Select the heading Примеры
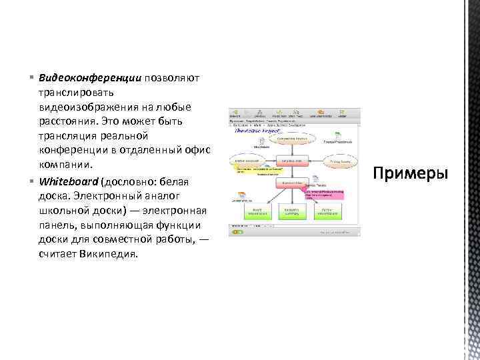tap(411, 173)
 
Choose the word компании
tap(65, 164)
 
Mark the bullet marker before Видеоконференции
tap(32, 79)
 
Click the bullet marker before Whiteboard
tap(32, 181)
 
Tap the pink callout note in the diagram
tap(324, 195)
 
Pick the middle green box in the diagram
tap(290, 211)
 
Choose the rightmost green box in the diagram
tap(325, 211)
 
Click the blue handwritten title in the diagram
tap(249, 131)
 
